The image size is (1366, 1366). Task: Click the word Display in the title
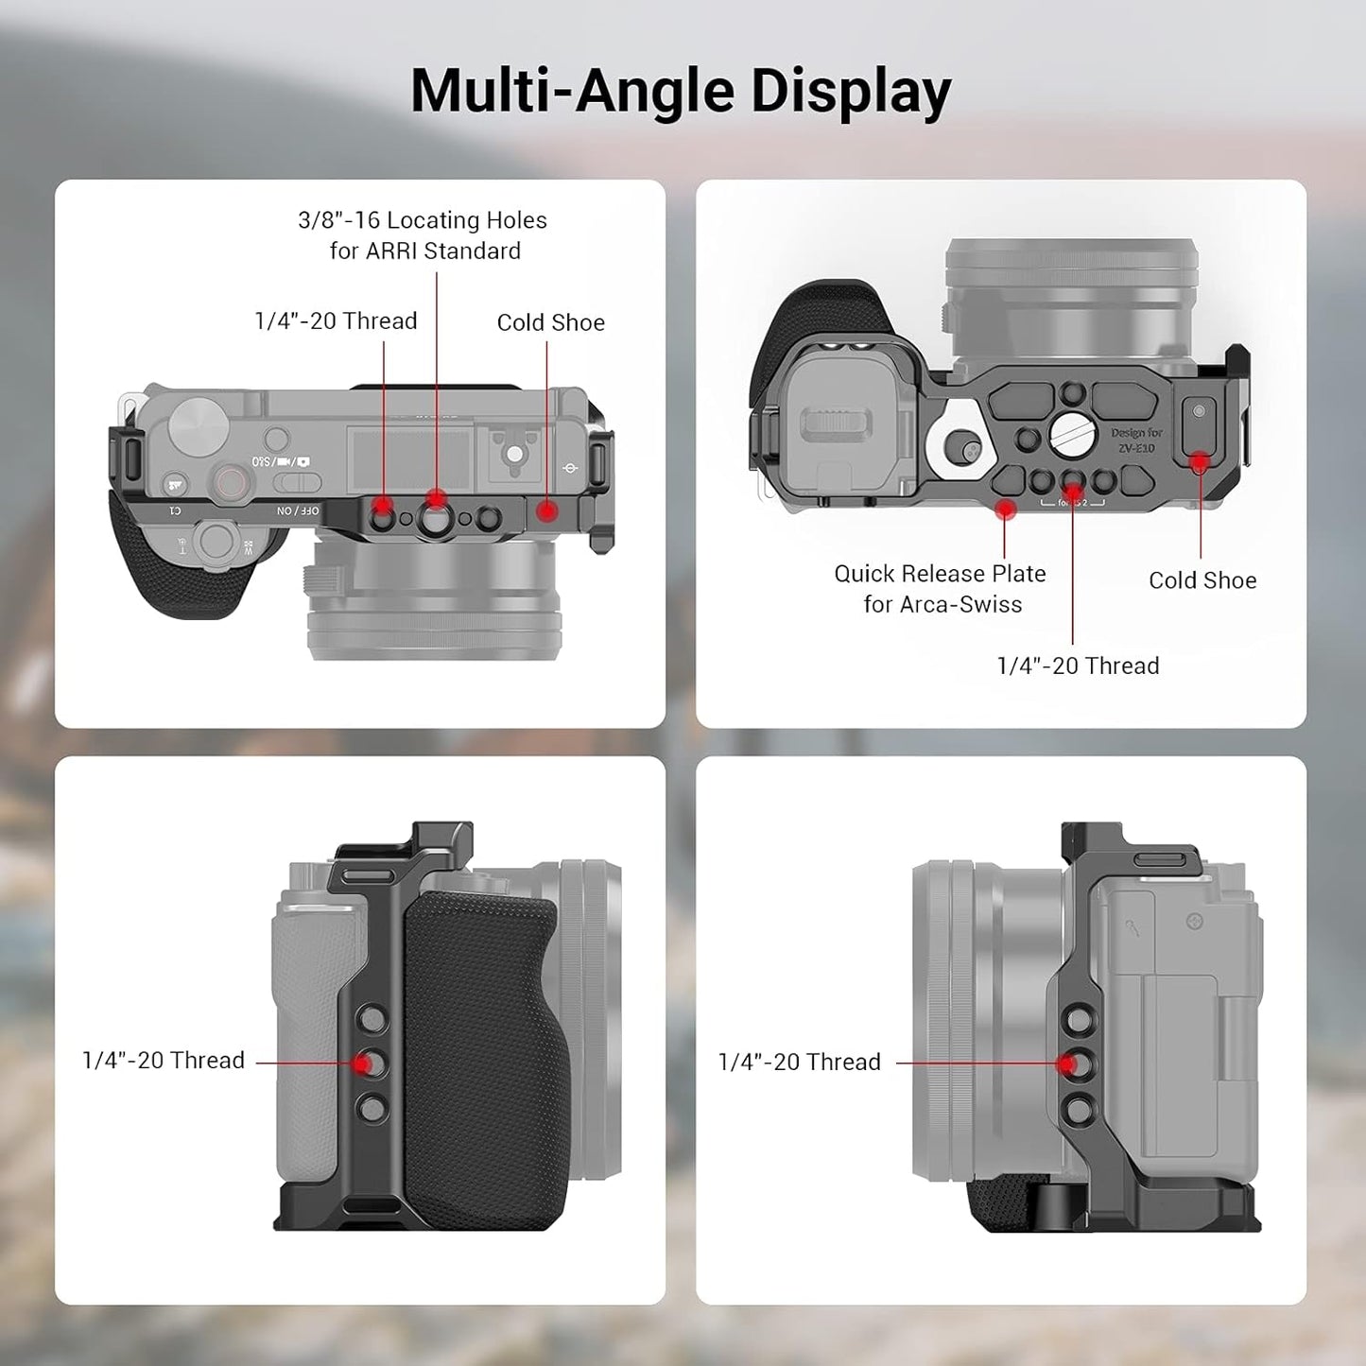point(850,92)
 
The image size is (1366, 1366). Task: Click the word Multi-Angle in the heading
point(572,92)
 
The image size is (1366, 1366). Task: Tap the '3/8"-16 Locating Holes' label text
point(422,220)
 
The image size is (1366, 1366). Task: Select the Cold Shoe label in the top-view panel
point(550,322)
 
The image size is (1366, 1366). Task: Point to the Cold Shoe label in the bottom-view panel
point(1202,580)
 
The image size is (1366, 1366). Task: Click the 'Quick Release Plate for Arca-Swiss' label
point(941,589)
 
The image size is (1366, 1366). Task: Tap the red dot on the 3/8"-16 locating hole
point(436,499)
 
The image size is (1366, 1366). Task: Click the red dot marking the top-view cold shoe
point(547,511)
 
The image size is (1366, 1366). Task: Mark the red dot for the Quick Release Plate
point(1006,510)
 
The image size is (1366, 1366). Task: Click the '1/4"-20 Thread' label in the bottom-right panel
point(799,1062)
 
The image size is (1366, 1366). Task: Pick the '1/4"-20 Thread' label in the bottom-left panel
point(164,1060)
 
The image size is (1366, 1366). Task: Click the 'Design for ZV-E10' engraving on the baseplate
point(1135,441)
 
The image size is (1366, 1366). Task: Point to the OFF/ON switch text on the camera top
point(298,510)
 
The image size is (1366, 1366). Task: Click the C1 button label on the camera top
point(175,510)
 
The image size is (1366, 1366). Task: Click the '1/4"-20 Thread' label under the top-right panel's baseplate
point(1078,666)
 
